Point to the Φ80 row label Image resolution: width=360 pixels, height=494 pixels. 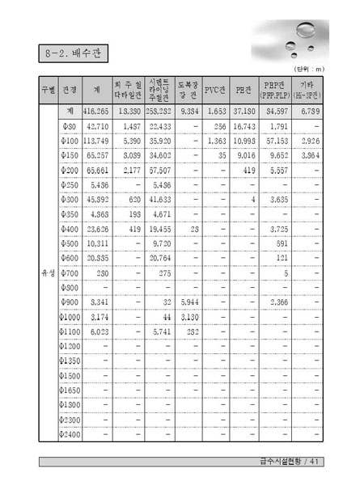tap(70, 127)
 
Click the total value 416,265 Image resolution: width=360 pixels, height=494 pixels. tap(96, 109)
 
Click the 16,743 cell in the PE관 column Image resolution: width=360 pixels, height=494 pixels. tap(244, 127)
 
